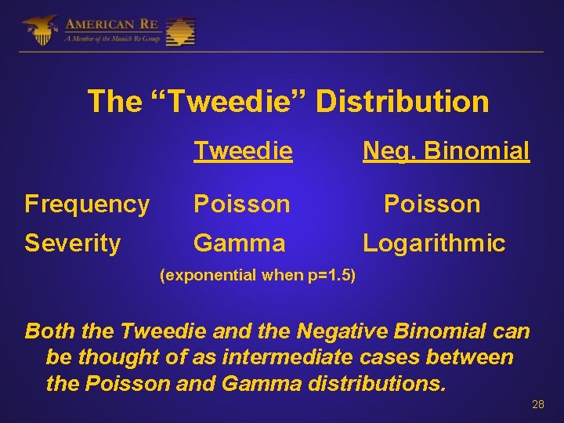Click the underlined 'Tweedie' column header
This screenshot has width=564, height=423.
(x=243, y=150)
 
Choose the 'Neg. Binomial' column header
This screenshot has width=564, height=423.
(x=446, y=150)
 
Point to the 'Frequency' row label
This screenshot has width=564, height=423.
(x=87, y=204)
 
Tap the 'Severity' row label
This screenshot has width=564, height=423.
(x=73, y=244)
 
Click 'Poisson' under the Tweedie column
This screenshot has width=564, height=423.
(x=242, y=204)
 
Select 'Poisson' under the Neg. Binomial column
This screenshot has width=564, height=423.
(x=432, y=204)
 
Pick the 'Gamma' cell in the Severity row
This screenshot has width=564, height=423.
(x=239, y=244)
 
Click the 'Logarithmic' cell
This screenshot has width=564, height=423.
(x=434, y=244)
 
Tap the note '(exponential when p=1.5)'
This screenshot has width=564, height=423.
(x=257, y=276)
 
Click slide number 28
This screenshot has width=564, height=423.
(x=537, y=404)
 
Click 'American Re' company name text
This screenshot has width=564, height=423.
(x=113, y=23)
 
